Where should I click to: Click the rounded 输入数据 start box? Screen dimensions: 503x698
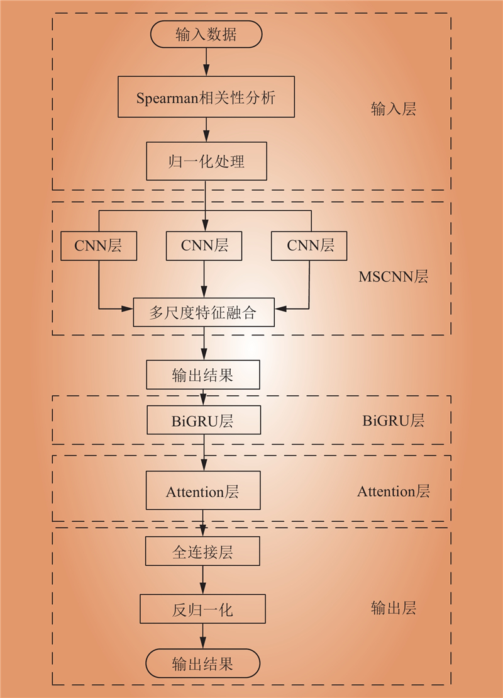pyautogui.click(x=206, y=34)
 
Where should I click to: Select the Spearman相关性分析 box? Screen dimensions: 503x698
pyautogui.click(x=206, y=96)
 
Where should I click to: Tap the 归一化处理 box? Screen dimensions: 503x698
pyautogui.click(x=206, y=161)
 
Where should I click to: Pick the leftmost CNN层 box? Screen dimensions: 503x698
pyautogui.click(x=99, y=245)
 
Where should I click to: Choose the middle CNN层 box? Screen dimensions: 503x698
pyautogui.click(x=204, y=245)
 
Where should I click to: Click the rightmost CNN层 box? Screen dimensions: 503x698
pyautogui.click(x=309, y=245)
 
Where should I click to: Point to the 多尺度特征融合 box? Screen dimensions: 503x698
pyautogui.click(x=204, y=312)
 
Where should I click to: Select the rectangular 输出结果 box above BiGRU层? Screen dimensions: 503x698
pyautogui.click(x=203, y=375)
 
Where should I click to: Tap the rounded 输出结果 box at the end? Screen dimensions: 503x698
pyautogui.click(x=203, y=663)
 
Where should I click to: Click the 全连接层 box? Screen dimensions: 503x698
pyautogui.click(x=203, y=551)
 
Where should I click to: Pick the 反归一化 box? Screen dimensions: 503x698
pyautogui.click(x=203, y=609)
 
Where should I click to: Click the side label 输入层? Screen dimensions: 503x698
pyautogui.click(x=394, y=109)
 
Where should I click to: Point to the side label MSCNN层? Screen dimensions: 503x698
pyautogui.click(x=394, y=276)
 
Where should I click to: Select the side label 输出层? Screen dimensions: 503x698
pyautogui.click(x=394, y=607)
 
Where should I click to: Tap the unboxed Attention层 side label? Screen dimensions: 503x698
pyautogui.click(x=394, y=492)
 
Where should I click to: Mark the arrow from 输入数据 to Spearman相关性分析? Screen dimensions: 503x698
pyautogui.click(x=206, y=62)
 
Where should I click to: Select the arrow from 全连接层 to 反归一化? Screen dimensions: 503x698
pyautogui.click(x=203, y=580)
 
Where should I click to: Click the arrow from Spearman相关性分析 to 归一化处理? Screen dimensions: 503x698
pyautogui.click(x=206, y=130)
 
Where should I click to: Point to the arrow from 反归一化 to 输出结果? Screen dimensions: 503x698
pyautogui.click(x=203, y=636)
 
